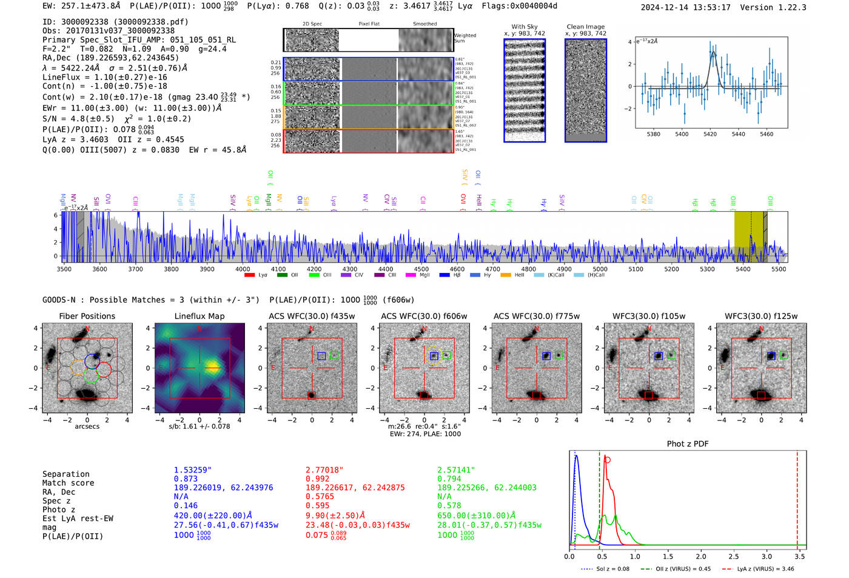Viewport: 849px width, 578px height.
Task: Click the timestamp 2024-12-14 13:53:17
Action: pyautogui.click(x=685, y=8)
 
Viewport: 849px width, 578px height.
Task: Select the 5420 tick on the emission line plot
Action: pyautogui.click(x=710, y=134)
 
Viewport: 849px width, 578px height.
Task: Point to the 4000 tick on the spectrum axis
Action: pyautogui.click(x=243, y=269)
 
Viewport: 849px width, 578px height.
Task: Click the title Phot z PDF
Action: pyautogui.click(x=687, y=444)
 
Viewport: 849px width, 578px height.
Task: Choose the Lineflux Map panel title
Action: pyautogui.click(x=199, y=316)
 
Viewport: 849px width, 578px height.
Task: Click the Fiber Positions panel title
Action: pyautogui.click(x=87, y=316)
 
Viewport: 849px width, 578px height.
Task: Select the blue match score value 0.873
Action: pyautogui.click(x=186, y=479)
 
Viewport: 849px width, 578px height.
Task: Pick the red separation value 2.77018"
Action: pyautogui.click(x=324, y=470)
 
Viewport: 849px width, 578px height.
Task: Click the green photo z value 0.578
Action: pyautogui.click(x=449, y=505)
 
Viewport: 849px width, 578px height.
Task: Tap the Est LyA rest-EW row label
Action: pyautogui.click(x=78, y=519)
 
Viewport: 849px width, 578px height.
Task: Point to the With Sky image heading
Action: pyautogui.click(x=525, y=27)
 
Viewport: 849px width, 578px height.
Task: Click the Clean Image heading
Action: pyautogui.click(x=585, y=27)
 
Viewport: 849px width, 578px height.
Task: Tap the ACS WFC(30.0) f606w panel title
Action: pyautogui.click(x=424, y=316)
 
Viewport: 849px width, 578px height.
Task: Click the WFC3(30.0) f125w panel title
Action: pyautogui.click(x=761, y=316)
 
